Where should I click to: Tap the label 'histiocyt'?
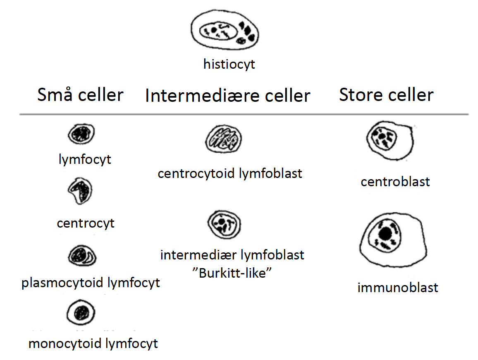point(229,65)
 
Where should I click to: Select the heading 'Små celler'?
point(81,95)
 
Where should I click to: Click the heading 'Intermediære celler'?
point(228,96)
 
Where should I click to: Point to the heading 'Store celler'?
point(386,95)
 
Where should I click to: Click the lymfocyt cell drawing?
point(81,134)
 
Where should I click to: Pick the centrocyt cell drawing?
point(80,191)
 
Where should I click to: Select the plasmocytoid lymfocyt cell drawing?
point(82,256)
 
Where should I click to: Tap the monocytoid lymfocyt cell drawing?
point(81,313)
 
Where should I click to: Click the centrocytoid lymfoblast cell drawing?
point(224,139)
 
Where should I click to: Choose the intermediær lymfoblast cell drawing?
point(224,225)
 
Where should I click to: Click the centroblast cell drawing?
point(390,141)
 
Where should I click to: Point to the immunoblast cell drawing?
point(393,240)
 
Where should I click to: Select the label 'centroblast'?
point(395,182)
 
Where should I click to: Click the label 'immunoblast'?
point(398,288)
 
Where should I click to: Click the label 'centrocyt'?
point(86,223)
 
